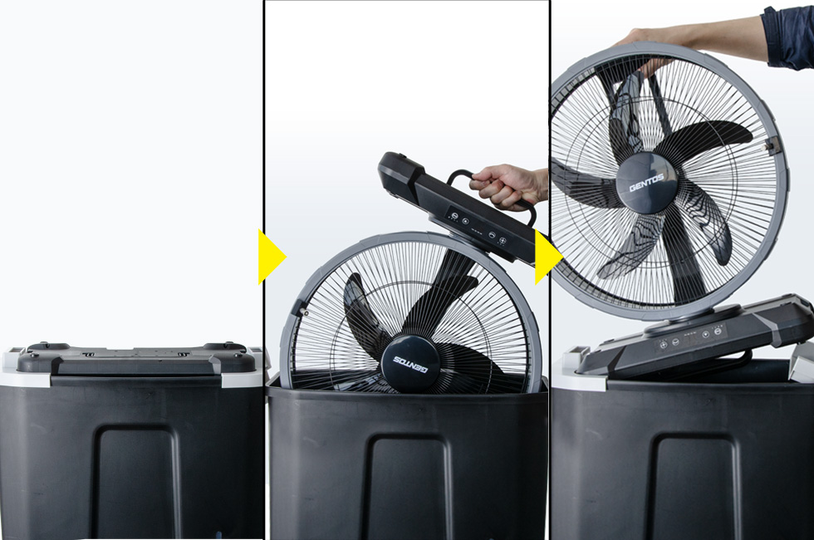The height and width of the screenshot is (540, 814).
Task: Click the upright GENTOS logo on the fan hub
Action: [x=646, y=182]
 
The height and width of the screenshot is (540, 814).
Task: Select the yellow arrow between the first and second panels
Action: [x=271, y=257]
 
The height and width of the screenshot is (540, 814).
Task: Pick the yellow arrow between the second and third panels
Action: [x=548, y=257]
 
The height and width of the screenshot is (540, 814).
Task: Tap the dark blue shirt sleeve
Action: [x=788, y=35]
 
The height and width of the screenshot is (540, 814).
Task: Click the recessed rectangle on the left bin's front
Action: [x=136, y=483]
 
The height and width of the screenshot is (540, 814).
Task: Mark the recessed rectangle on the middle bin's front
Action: [x=408, y=488]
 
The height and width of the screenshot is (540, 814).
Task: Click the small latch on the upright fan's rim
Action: [x=772, y=145]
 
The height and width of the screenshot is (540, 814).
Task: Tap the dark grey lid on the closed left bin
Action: [x=138, y=358]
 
